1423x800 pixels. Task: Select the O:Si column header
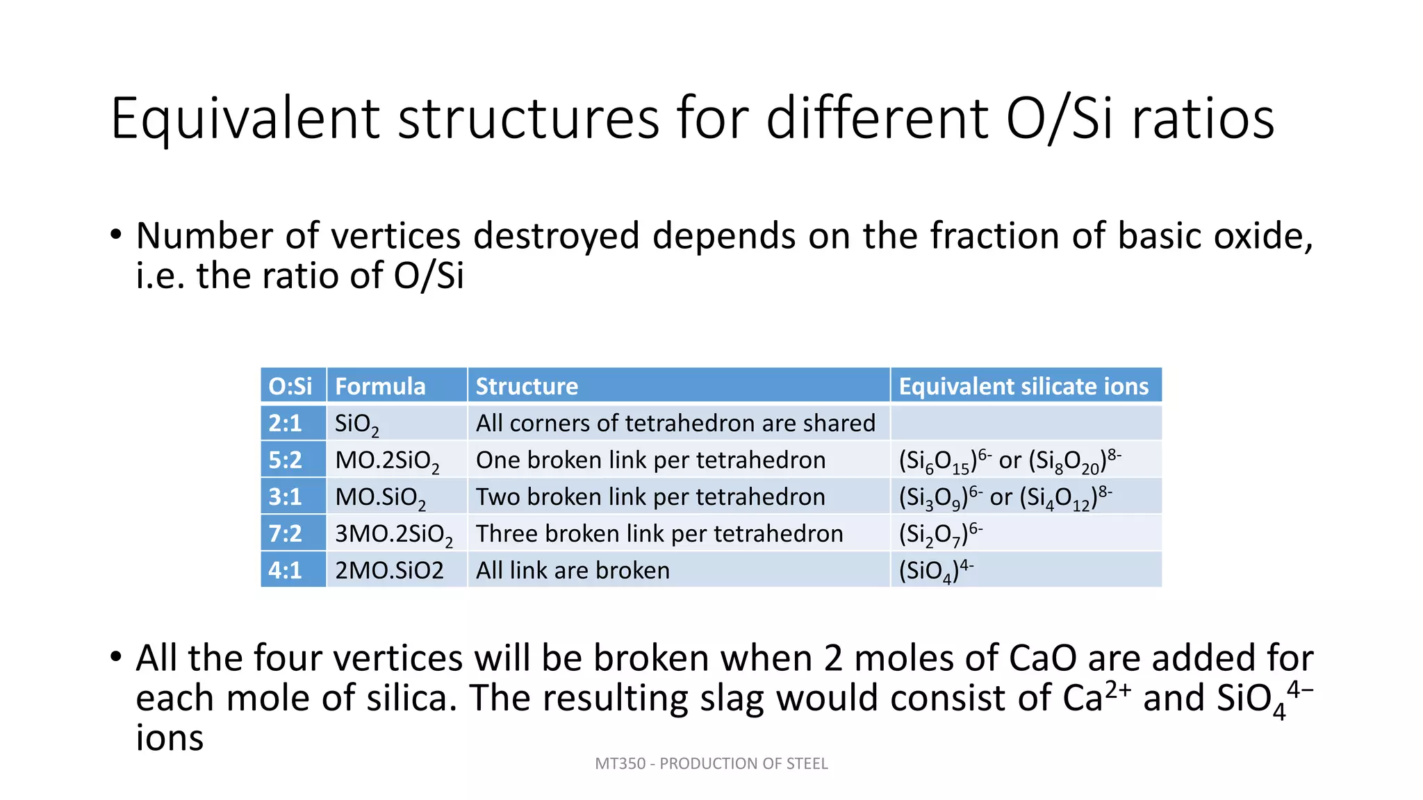290,386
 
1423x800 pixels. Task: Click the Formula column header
380,386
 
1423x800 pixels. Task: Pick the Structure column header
527,386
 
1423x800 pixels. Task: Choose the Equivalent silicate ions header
1023,386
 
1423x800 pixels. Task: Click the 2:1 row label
286,423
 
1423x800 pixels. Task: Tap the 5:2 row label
286,460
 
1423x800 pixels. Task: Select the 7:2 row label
286,533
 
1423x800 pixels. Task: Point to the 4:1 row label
286,570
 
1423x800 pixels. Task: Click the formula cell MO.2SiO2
387,461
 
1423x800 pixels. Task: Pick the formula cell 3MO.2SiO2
393,535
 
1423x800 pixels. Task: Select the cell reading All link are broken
573,570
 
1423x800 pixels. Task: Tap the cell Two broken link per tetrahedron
650,497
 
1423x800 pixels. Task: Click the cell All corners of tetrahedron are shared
675,423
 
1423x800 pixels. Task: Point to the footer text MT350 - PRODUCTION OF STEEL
711,764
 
